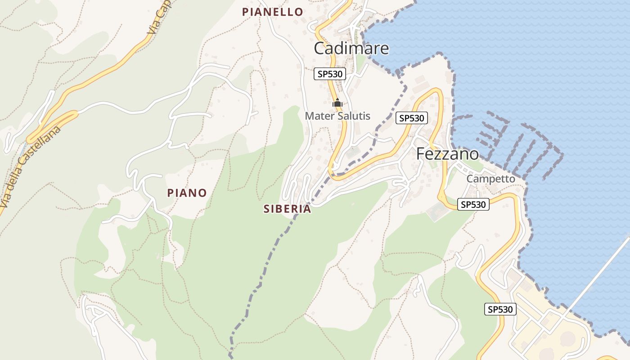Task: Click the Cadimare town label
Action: coord(351,48)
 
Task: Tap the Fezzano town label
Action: coord(447,154)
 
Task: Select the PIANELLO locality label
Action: coord(273,12)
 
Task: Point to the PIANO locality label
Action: coord(187,193)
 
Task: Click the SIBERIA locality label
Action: coord(287,209)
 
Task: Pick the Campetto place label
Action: coord(490,179)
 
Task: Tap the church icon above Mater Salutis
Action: coord(337,103)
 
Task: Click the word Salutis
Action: coord(353,116)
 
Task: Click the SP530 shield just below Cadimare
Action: coord(330,74)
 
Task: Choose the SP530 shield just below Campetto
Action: coord(473,204)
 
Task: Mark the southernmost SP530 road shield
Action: coord(500,309)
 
